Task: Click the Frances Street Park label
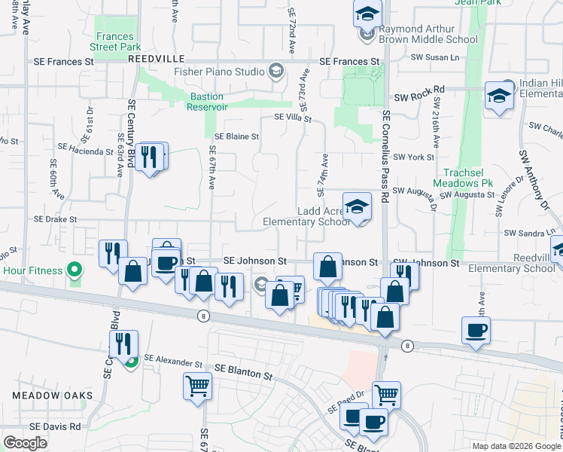[115, 41]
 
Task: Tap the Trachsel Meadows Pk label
[467, 183]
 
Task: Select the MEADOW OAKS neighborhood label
[52, 395]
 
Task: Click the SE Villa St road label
[292, 118]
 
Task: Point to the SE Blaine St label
[236, 137]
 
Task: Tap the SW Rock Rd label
[419, 90]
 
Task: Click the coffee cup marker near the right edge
[476, 331]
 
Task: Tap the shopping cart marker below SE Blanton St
[197, 386]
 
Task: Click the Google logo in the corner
[25, 443]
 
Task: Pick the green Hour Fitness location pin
[74, 270]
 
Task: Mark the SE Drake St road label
[56, 219]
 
